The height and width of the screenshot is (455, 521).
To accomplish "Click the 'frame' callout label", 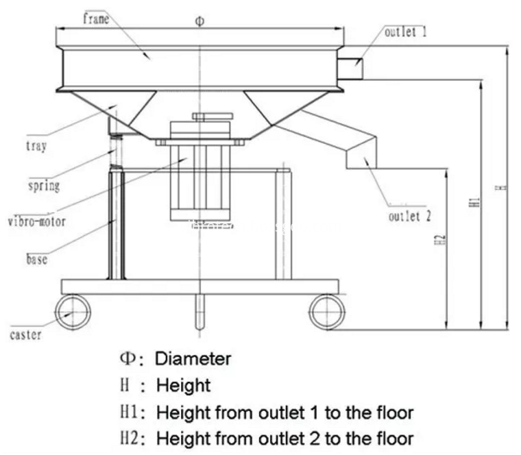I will coord(96,19).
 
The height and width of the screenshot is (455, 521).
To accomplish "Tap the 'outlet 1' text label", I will coord(406,32).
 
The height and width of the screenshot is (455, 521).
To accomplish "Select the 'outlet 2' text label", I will coord(410,217).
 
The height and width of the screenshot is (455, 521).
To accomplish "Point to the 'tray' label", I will coord(36,146).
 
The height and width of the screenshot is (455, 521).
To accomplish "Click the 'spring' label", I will coord(43,185).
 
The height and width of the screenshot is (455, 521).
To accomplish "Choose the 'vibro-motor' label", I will coord(36,221).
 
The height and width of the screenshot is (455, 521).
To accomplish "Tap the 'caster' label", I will coord(26,334).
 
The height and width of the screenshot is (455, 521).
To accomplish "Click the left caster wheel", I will coord(71,312).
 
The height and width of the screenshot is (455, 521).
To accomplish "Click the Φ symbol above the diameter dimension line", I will coord(199,21).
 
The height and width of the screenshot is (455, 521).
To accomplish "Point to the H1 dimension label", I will coord(475,203).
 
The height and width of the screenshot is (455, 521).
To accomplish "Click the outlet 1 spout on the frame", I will coord(352,66).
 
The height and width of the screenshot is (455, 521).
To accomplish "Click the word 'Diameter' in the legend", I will coord(193,358).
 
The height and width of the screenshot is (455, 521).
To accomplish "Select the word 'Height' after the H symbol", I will coord(183,385).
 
